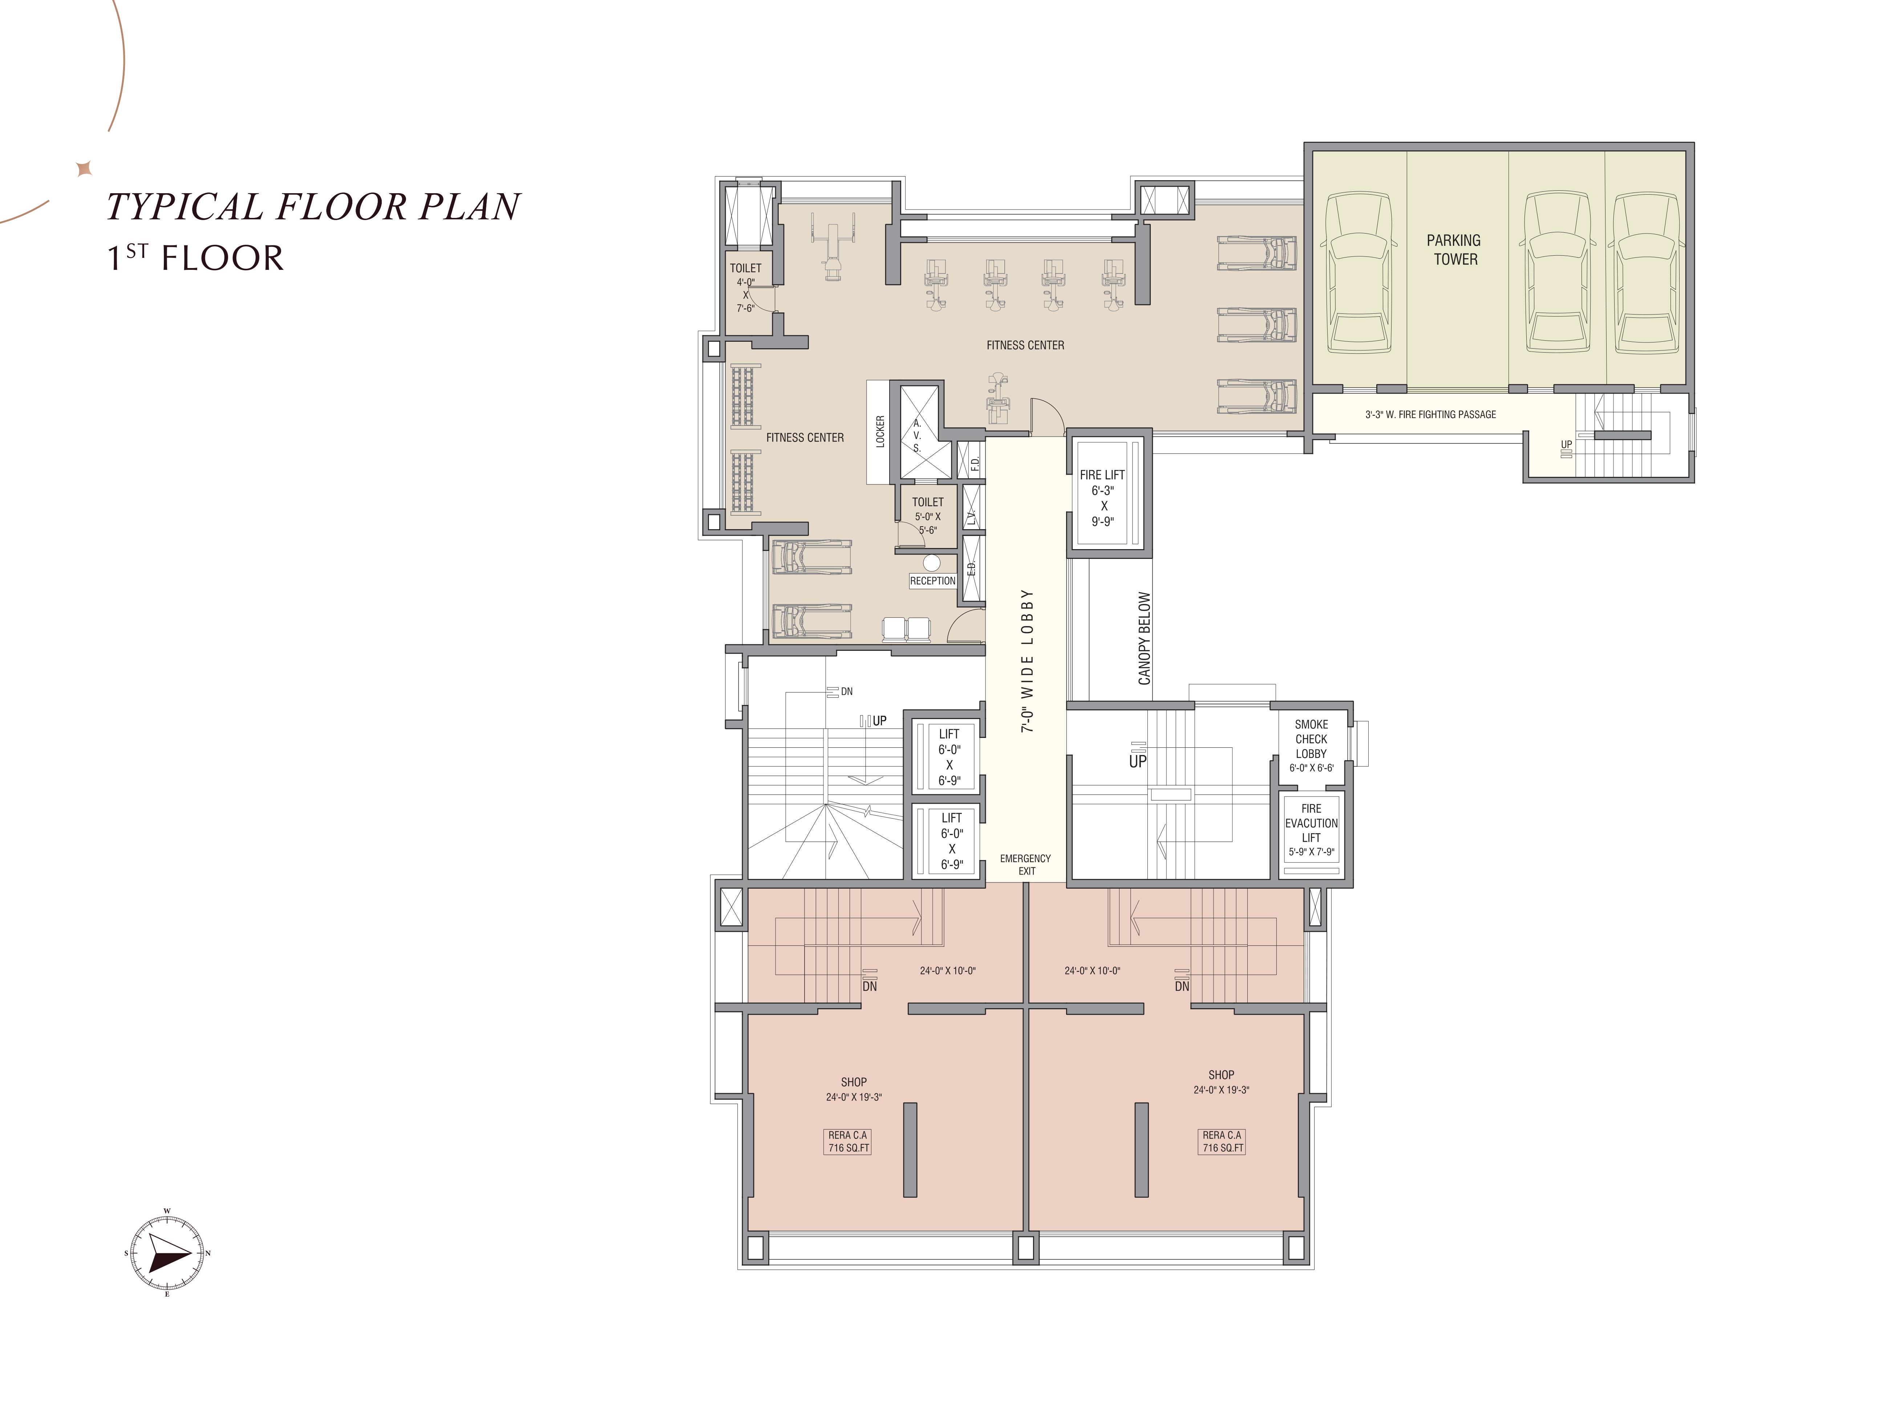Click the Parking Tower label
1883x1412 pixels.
1454,249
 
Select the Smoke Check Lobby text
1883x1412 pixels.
1311,739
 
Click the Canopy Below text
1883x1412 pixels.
1144,638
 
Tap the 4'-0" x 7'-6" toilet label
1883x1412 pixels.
746,288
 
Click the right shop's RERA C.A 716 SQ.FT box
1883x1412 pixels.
1222,1141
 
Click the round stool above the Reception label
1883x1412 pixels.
931,563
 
